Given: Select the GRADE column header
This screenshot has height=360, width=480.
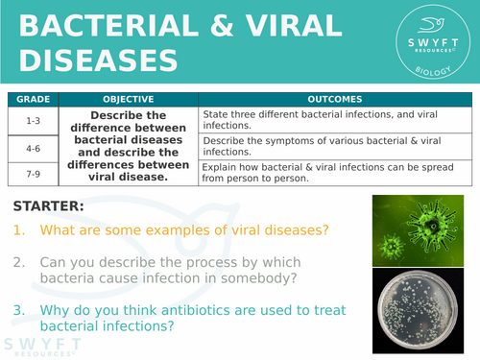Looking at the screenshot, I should (x=33, y=99).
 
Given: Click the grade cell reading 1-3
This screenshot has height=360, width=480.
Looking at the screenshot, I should (x=33, y=120).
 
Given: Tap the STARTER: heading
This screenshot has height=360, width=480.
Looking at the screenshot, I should (x=50, y=205).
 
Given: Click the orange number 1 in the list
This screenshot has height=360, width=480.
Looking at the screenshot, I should (x=19, y=230).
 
